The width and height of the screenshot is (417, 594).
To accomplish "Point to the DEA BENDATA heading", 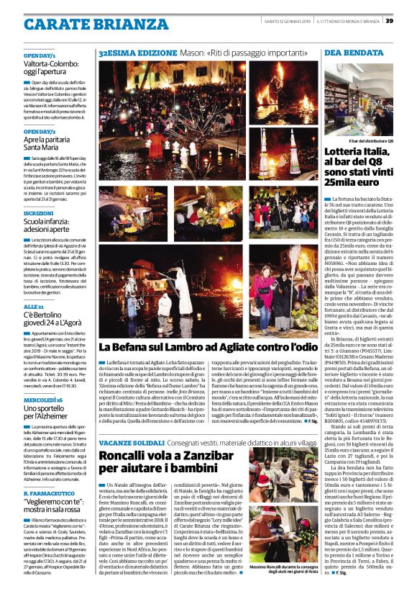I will point(344,53).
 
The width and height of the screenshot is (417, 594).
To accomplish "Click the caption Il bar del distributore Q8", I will point(370,142).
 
